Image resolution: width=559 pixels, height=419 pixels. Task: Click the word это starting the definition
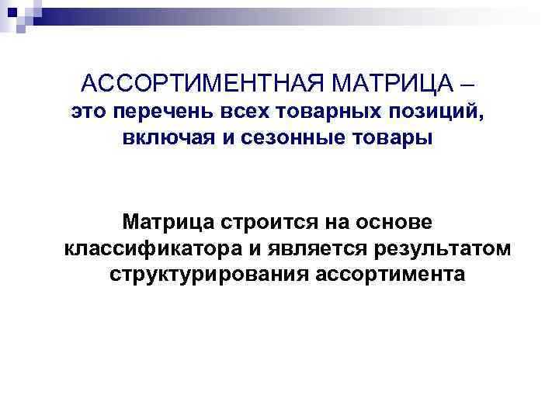[88, 113]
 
